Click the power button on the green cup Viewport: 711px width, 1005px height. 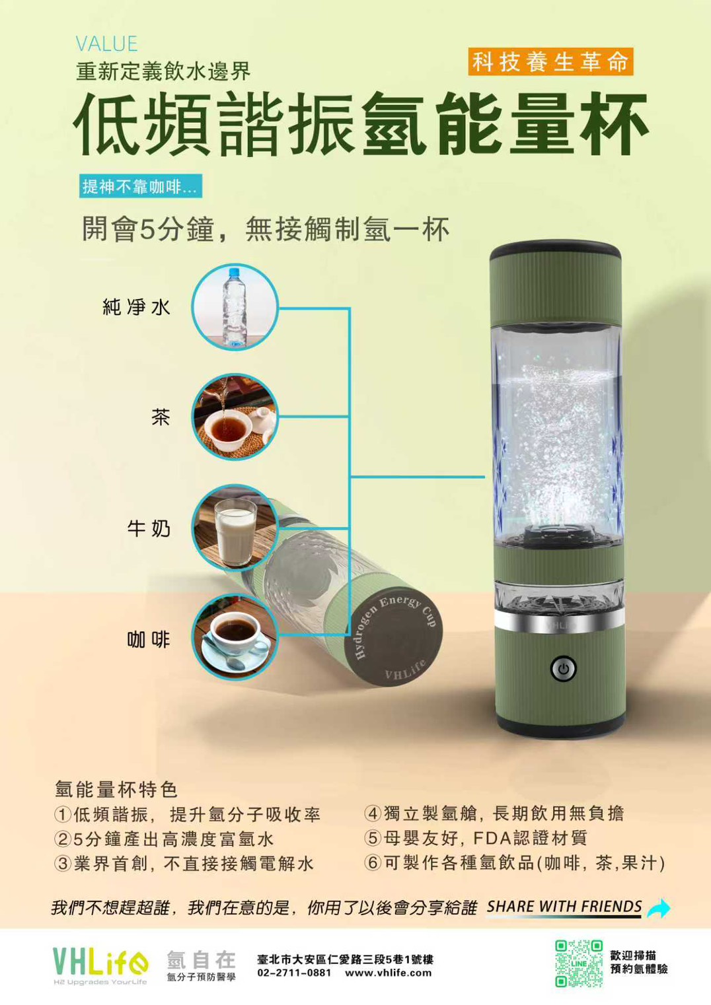(564, 669)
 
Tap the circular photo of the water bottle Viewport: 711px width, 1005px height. (235, 307)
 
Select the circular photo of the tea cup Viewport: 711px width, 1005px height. (235, 417)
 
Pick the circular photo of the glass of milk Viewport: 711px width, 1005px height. (235, 528)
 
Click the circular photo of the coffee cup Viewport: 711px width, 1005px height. (235, 638)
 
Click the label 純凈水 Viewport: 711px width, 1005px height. (136, 307)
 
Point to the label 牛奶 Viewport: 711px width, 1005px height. (149, 528)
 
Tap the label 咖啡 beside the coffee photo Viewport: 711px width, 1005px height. (149, 639)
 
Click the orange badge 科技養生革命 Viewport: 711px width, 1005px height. (550, 61)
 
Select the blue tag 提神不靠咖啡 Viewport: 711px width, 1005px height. (141, 186)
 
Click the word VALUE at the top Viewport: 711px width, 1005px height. (107, 44)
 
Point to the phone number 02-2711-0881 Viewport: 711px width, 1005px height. (294, 973)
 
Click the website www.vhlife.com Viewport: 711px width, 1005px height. (389, 973)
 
